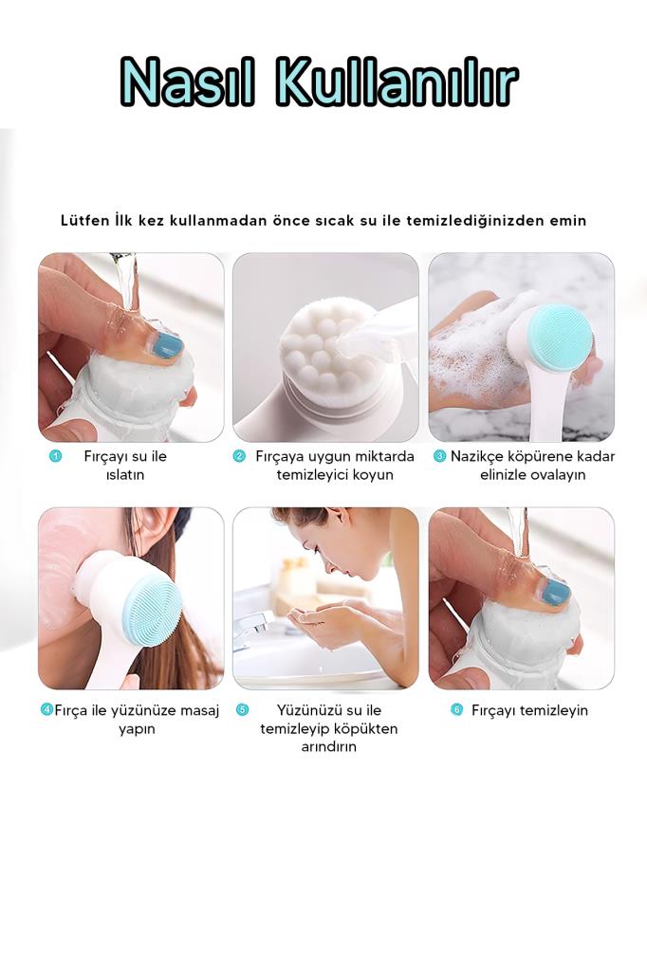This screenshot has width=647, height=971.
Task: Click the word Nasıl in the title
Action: point(187,82)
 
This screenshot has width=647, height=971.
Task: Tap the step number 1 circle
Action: point(55,456)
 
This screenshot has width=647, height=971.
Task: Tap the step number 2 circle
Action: point(239,456)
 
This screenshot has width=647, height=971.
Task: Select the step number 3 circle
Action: point(439,456)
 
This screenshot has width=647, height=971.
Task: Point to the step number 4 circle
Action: point(46,709)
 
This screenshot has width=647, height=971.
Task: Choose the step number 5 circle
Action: point(242,709)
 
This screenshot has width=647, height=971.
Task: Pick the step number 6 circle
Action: point(456,709)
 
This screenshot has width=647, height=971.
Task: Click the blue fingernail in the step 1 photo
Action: point(167,344)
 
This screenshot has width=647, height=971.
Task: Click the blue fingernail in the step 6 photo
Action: point(555,593)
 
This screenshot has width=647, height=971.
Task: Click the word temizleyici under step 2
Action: point(307,475)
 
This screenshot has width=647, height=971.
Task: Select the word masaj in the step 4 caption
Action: point(200,711)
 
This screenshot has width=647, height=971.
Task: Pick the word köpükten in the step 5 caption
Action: point(367,729)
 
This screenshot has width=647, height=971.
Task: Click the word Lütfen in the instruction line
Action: point(84,220)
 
